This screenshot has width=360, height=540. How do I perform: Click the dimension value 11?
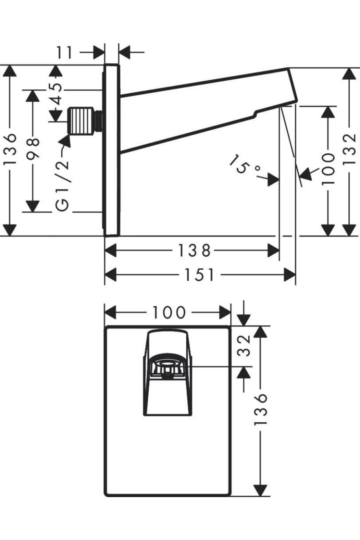(65, 52)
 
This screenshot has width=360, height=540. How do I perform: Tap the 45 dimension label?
(56, 93)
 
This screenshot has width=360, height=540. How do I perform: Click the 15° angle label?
(244, 166)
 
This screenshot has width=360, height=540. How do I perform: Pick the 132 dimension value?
(349, 149)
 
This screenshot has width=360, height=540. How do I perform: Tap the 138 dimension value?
(194, 250)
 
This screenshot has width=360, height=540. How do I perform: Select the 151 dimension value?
(199, 275)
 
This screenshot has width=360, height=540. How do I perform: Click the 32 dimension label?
(244, 345)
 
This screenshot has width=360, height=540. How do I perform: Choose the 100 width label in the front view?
(169, 313)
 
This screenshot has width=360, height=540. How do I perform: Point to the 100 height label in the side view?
(328, 169)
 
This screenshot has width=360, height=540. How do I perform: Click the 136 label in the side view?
(10, 149)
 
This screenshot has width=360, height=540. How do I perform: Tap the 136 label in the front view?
(260, 409)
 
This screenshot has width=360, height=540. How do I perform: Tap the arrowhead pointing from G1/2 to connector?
(67, 141)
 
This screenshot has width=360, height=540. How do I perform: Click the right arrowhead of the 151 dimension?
(290, 275)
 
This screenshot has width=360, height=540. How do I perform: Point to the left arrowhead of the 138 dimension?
(110, 250)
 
